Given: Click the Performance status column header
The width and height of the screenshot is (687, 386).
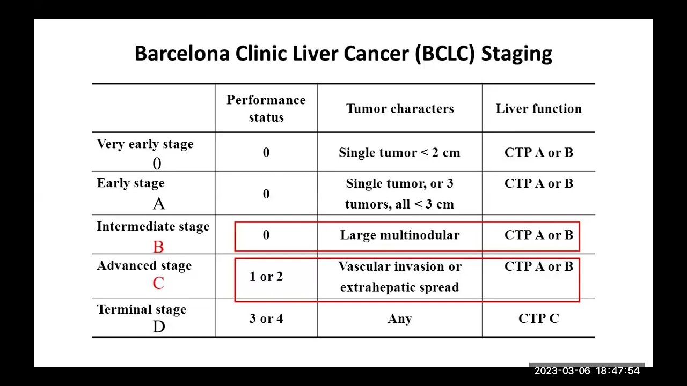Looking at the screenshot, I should click(266, 108).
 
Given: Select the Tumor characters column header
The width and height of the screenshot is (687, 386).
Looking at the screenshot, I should click(400, 109).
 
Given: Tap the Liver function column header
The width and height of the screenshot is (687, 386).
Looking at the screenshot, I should click(538, 109).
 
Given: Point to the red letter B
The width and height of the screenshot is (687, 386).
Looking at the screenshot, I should click(158, 247).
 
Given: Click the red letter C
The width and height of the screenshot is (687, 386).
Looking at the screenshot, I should click(158, 283).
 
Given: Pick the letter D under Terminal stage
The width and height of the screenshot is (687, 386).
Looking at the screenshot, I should click(159, 326).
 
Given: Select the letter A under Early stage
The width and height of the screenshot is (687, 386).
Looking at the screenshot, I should click(158, 204).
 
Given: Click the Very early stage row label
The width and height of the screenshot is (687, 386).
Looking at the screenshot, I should click(145, 144).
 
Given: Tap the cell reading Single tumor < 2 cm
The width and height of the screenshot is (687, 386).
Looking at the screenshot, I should click(399, 153).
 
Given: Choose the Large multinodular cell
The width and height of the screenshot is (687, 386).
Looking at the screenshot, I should click(400, 235).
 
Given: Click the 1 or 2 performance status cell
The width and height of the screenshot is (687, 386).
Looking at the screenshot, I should click(266, 277).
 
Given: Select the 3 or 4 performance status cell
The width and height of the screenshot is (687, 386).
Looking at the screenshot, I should click(266, 319).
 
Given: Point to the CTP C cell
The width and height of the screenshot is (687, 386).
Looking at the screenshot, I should click(538, 319).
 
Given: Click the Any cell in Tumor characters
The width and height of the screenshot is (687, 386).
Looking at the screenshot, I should click(400, 319).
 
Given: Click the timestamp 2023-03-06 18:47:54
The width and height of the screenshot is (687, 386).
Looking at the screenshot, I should click(587, 370).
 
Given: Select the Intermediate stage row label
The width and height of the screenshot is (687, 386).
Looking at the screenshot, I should click(153, 227).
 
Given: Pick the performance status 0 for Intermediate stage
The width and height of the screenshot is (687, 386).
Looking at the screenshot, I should click(266, 235).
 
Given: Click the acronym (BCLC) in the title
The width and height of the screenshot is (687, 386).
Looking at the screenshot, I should click(445, 54).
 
